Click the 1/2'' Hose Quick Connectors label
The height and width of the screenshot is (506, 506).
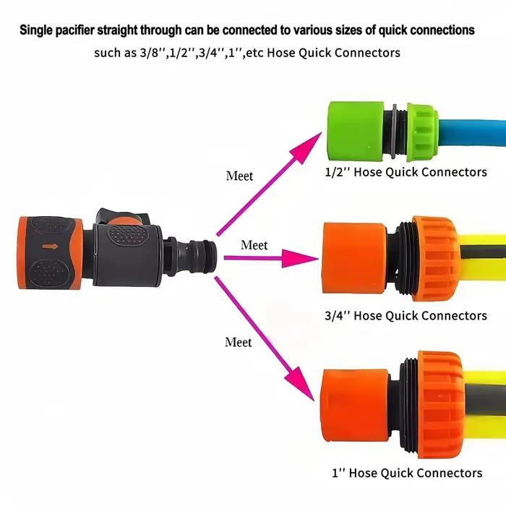406,172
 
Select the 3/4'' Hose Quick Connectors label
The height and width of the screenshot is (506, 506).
406,316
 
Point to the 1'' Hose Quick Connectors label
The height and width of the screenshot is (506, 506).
407,473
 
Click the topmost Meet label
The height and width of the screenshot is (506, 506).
239,176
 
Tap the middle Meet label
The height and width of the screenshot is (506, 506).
254,245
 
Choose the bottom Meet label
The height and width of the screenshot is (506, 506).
238,343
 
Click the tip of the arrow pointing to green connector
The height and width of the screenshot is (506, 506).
322,132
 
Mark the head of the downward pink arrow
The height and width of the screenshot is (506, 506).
314,400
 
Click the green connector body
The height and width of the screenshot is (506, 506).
356,131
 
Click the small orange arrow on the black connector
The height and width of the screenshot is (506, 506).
50,246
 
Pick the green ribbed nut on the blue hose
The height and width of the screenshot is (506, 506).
422,132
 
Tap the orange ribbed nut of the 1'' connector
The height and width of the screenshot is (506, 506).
441,405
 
